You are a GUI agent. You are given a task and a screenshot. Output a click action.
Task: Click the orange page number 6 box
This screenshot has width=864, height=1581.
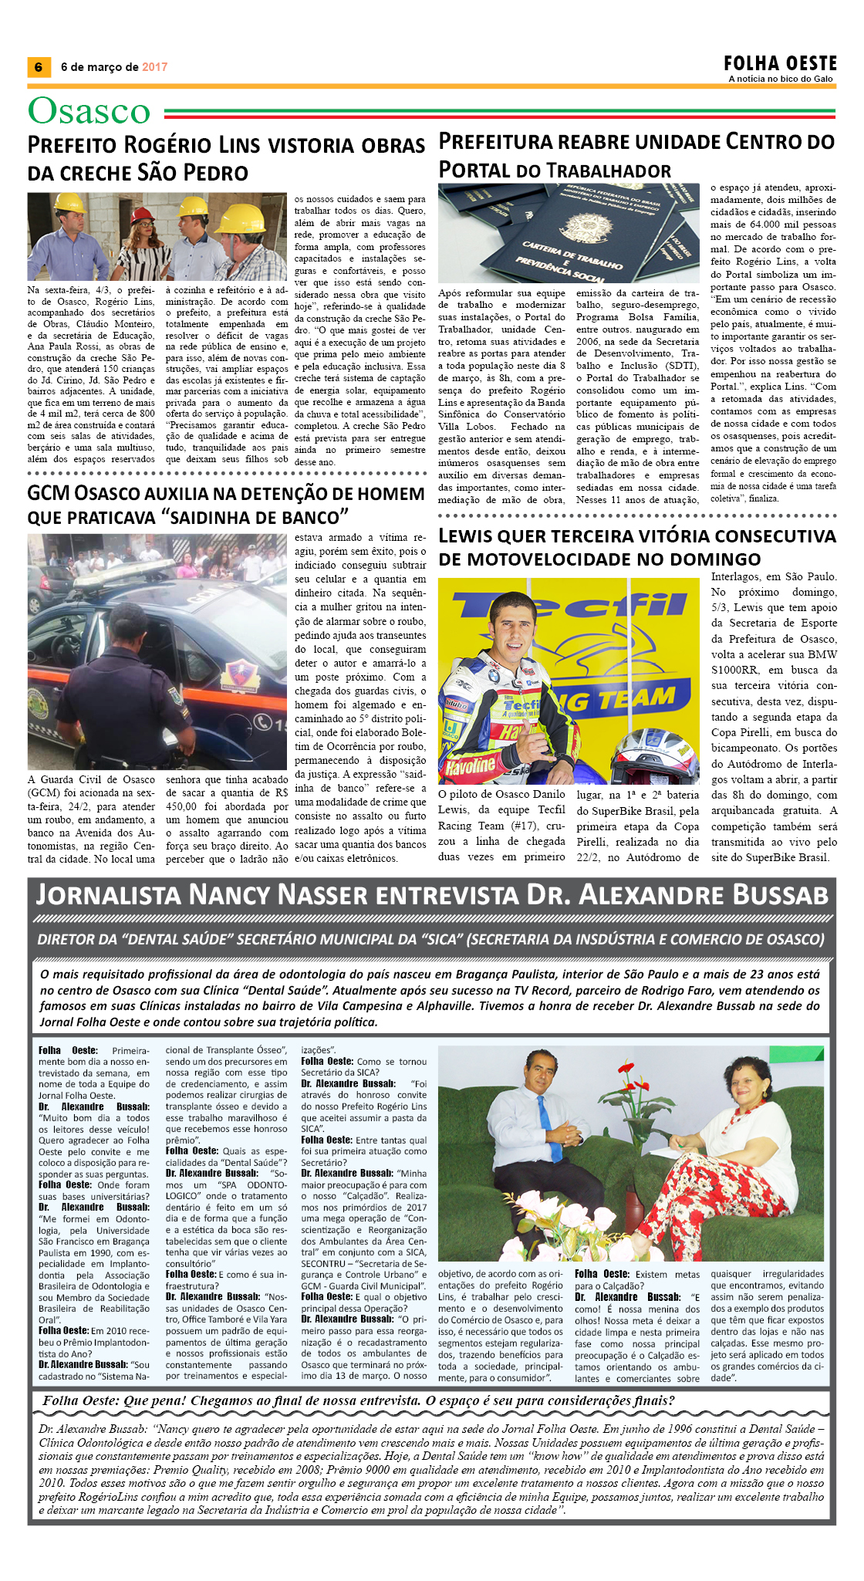coord(39,67)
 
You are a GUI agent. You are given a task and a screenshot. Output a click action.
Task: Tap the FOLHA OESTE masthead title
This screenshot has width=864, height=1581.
coord(780,63)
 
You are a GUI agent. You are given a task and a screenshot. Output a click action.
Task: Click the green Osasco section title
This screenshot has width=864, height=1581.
coord(89,111)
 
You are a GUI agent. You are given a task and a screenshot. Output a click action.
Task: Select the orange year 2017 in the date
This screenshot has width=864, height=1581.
coord(154,67)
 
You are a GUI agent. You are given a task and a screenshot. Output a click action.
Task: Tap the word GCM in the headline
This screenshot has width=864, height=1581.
coord(51,494)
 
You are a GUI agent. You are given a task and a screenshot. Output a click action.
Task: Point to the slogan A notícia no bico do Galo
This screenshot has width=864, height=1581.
coord(781,79)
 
